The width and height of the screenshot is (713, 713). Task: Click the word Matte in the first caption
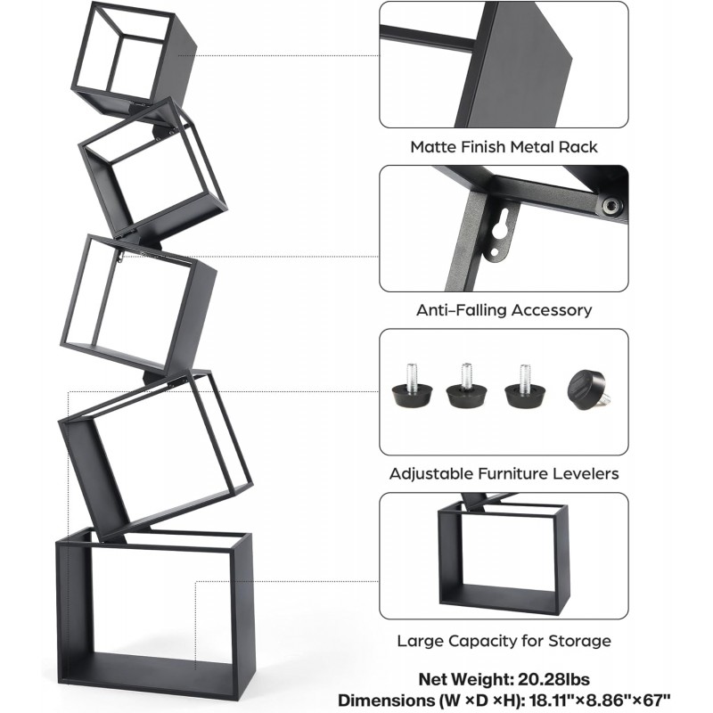tap(433, 147)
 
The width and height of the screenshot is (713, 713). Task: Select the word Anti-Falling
tap(462, 310)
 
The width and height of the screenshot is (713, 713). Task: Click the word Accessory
tap(552, 310)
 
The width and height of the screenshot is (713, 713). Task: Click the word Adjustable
tap(431, 474)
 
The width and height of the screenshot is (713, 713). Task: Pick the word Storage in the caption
tap(580, 642)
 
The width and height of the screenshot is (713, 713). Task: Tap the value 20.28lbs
tap(553, 679)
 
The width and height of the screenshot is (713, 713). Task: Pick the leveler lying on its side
tap(588, 390)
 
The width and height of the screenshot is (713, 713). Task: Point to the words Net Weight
tap(466, 679)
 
